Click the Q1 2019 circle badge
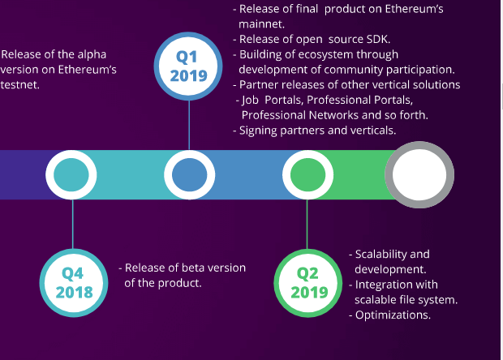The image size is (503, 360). [188, 66]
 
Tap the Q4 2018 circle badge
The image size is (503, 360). [74, 283]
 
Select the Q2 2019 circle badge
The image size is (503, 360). [308, 283]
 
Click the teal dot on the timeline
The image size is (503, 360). [71, 174]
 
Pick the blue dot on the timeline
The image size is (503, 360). [190, 174]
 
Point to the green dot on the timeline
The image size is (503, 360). [308, 174]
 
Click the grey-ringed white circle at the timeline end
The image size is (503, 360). [419, 174]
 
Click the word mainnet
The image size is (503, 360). [261, 24]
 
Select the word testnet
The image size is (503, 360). [20, 85]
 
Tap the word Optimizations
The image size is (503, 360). [393, 315]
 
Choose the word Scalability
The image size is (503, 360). [381, 255]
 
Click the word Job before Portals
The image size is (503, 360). [250, 101]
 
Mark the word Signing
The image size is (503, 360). [258, 131]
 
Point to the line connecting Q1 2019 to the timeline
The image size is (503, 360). [189, 125]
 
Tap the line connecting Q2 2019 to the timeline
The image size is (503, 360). [307, 225]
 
